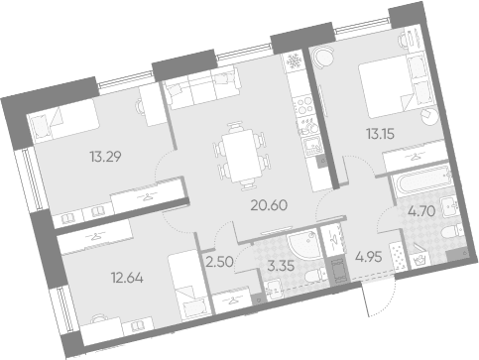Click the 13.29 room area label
pos(105,157)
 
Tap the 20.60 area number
pos(269,205)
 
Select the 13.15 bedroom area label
pos(380,134)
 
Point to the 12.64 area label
pos(127,278)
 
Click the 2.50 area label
pos(219,262)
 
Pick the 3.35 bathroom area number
pos(281,266)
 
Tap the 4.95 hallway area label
pos(369,257)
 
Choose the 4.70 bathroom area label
pos(421,210)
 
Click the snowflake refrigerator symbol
pos(293,61)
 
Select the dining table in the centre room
pos(240,157)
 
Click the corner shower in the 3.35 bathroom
pos(303,244)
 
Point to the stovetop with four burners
pos(303,105)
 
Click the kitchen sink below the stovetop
pos(311,146)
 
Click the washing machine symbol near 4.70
pos(419,260)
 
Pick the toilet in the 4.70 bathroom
pos(453,231)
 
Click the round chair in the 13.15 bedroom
pos(323,58)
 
